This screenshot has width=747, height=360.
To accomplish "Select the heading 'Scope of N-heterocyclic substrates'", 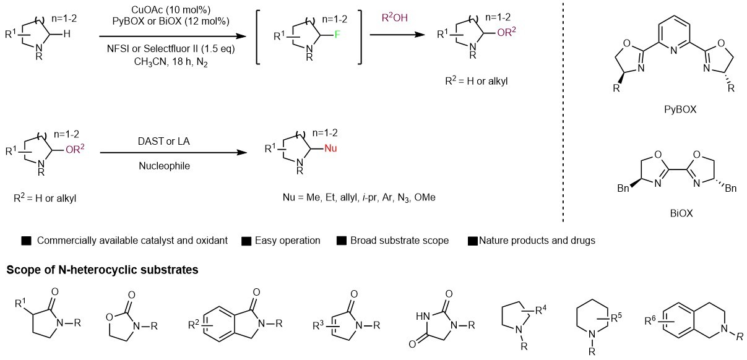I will click(102, 270).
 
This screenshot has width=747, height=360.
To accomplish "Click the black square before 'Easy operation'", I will click(246, 240).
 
